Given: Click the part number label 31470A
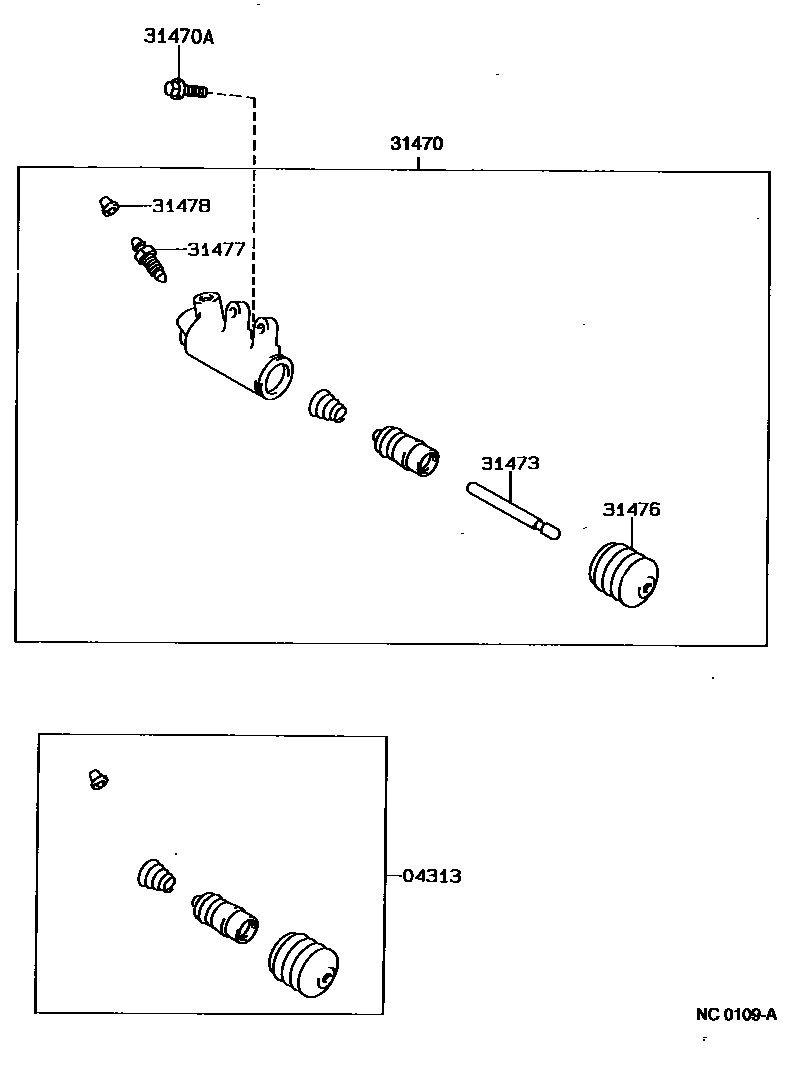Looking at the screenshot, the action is click(179, 37).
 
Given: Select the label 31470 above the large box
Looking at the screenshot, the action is click(416, 144).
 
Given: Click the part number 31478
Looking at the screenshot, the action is click(181, 206).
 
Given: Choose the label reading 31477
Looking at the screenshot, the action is click(216, 249).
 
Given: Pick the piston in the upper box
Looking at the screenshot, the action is click(404, 449).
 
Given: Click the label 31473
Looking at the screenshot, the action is click(510, 464).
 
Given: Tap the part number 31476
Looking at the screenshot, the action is click(631, 510).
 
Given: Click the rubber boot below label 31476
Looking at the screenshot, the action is click(620, 575).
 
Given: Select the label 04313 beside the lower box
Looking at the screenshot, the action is click(432, 876).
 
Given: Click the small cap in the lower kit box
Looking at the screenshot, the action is click(98, 778).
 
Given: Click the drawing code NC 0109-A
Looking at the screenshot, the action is click(736, 1014).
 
